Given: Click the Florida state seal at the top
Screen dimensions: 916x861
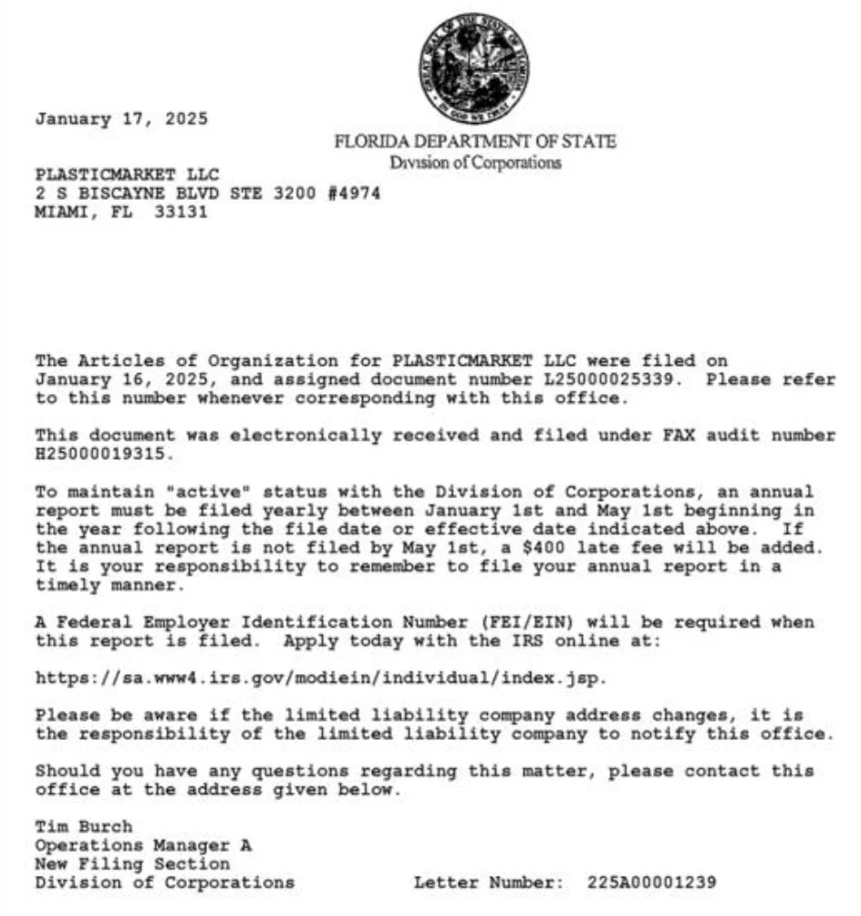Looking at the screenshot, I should pyautogui.click(x=473, y=68).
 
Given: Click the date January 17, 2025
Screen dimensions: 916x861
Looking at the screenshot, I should pyautogui.click(x=121, y=119).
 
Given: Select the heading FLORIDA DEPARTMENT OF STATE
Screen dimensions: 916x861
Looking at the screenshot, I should pyautogui.click(x=474, y=141).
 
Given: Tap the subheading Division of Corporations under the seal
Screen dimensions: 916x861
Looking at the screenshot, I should pyautogui.click(x=475, y=163).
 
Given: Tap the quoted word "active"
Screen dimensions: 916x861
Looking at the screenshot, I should pyautogui.click(x=197, y=492).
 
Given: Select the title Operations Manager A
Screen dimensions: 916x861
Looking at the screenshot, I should pyautogui.click(x=143, y=846).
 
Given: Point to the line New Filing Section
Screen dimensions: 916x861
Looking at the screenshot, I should pyautogui.click(x=132, y=864).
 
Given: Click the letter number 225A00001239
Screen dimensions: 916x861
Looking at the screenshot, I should pyautogui.click(x=652, y=882).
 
